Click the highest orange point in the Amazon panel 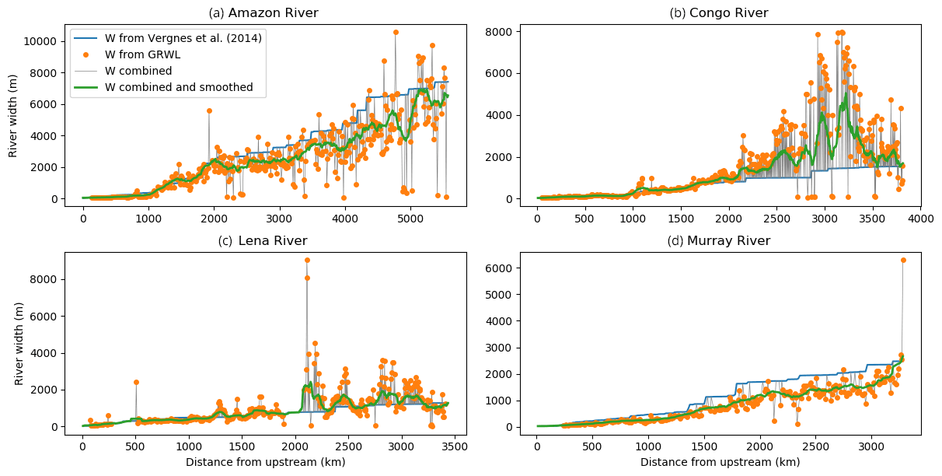coord(396,33)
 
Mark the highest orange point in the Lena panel coord(307,261)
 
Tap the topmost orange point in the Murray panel coord(903,261)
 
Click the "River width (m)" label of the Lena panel coord(20,343)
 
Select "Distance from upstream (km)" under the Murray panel coord(720,463)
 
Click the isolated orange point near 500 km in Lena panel coord(136,382)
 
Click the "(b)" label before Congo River coord(677,13)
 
